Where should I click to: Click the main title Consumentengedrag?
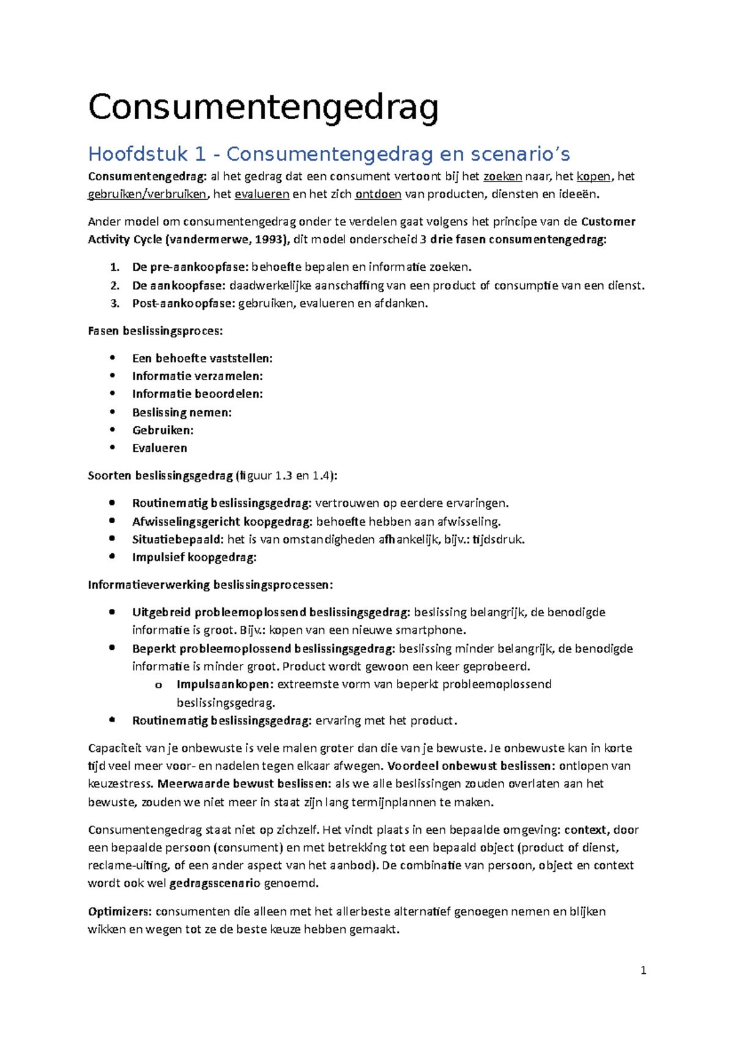pyautogui.click(x=263, y=108)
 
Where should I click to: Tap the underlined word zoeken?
pyautogui.click(x=502, y=177)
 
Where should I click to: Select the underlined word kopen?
pyautogui.click(x=593, y=177)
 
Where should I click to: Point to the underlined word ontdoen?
pyautogui.click(x=378, y=195)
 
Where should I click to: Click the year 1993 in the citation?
pyautogui.click(x=269, y=240)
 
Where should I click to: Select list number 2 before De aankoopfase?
pyautogui.click(x=114, y=285)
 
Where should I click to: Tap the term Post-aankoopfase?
pyautogui.click(x=183, y=304)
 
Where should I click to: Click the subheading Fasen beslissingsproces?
pyautogui.click(x=155, y=331)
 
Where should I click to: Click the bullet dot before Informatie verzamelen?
pyautogui.click(x=112, y=376)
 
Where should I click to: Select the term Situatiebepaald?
pyautogui.click(x=177, y=540)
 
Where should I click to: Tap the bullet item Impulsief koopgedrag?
pyautogui.click(x=194, y=558)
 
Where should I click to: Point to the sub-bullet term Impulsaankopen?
pyautogui.click(x=224, y=685)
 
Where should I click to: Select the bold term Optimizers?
pyautogui.click(x=119, y=912)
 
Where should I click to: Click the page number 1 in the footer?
pyautogui.click(x=643, y=970)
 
